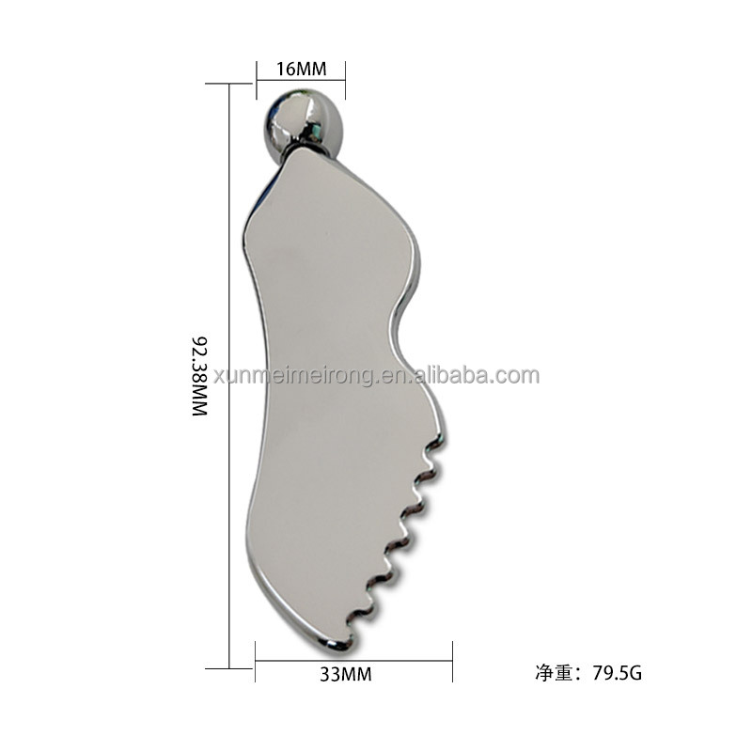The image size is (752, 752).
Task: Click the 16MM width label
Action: pyautogui.click(x=301, y=69)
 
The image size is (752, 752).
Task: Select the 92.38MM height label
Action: pyautogui.click(x=198, y=376)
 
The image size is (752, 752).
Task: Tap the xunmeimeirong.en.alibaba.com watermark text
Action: pyautogui.click(x=376, y=376)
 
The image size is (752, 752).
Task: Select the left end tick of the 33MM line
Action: pyautogui.click(x=256, y=654)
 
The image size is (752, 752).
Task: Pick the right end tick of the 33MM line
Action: pyautogui.click(x=453, y=654)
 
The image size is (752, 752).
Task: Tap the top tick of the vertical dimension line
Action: pyautogui.click(x=230, y=85)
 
